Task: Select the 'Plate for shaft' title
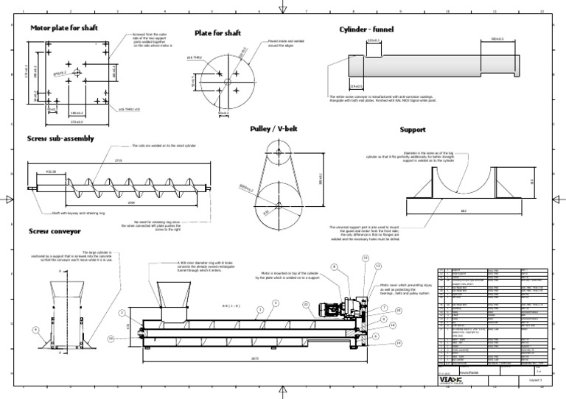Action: (x=217, y=33)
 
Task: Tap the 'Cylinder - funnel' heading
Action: (x=366, y=29)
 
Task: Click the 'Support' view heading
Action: (x=413, y=130)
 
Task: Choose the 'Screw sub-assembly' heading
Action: (x=62, y=138)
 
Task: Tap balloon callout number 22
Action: (x=305, y=303)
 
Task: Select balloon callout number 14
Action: (x=399, y=343)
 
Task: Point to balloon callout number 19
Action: (x=111, y=338)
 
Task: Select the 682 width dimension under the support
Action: (x=464, y=211)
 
